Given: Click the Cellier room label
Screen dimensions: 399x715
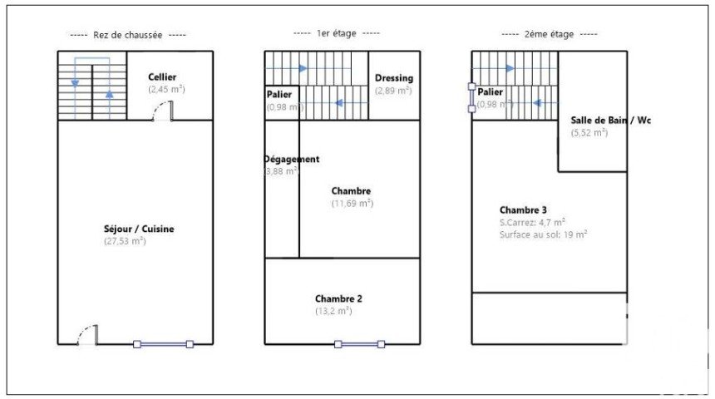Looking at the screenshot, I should (162, 77).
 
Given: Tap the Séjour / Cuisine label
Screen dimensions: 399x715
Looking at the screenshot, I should (139, 229).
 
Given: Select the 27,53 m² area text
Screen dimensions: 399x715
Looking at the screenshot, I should (125, 241).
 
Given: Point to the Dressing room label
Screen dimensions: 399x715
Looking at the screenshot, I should (393, 78).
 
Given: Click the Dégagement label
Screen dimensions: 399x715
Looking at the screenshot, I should (291, 159).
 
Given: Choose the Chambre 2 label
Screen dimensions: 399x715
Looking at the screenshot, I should (338, 298).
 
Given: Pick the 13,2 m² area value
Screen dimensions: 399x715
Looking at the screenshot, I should (333, 311).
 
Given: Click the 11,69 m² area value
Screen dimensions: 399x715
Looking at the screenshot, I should (353, 203).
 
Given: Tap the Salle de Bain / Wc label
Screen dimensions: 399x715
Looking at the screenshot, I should (610, 120).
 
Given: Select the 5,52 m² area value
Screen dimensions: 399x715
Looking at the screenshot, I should (589, 132).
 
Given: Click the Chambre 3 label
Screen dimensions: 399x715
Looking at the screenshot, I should (523, 210).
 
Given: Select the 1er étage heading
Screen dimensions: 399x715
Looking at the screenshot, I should (337, 33).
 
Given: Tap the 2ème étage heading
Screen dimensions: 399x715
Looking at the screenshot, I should (549, 34).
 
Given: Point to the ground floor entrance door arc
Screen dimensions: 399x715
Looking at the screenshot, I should (87, 335).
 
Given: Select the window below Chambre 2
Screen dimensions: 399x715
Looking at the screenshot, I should (359, 344).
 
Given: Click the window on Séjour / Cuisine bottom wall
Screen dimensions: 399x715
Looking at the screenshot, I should (163, 344).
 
